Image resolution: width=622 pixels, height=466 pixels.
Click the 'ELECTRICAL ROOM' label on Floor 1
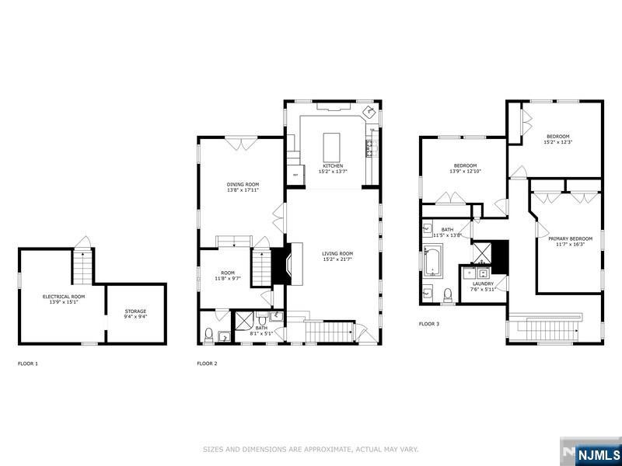(63, 297)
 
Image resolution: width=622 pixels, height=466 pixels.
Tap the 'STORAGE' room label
(135, 311)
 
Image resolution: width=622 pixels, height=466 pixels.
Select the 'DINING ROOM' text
(243, 184)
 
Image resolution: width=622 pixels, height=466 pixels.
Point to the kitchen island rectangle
(333, 145)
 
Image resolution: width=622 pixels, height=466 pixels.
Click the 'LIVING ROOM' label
(338, 254)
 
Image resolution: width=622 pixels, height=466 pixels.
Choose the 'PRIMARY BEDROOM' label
(570, 238)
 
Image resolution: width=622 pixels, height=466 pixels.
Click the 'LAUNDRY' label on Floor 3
(483, 283)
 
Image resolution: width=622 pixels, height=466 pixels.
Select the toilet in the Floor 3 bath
(447, 294)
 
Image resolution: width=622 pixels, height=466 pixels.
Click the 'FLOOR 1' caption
(28, 363)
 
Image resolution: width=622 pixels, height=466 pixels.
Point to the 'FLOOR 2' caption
(207, 363)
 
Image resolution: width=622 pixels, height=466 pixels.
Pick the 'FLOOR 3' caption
(429, 323)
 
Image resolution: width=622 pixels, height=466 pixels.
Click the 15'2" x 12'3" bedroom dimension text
(557, 142)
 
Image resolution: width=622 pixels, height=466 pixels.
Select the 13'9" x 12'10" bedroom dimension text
(465, 171)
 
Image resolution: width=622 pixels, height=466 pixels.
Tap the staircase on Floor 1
(82, 266)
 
